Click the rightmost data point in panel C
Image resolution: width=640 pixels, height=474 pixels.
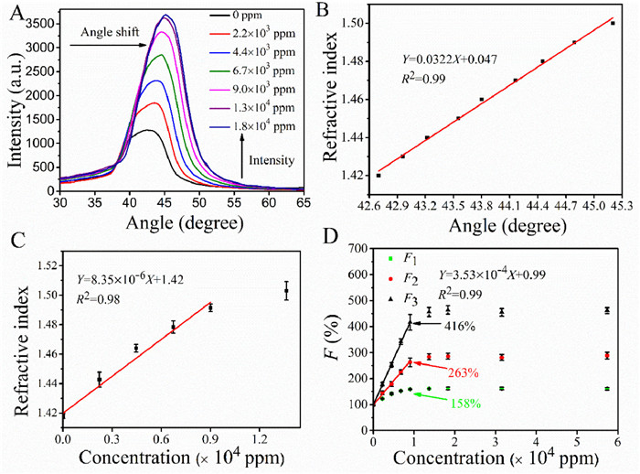286,291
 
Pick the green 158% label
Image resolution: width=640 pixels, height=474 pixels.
466,403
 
